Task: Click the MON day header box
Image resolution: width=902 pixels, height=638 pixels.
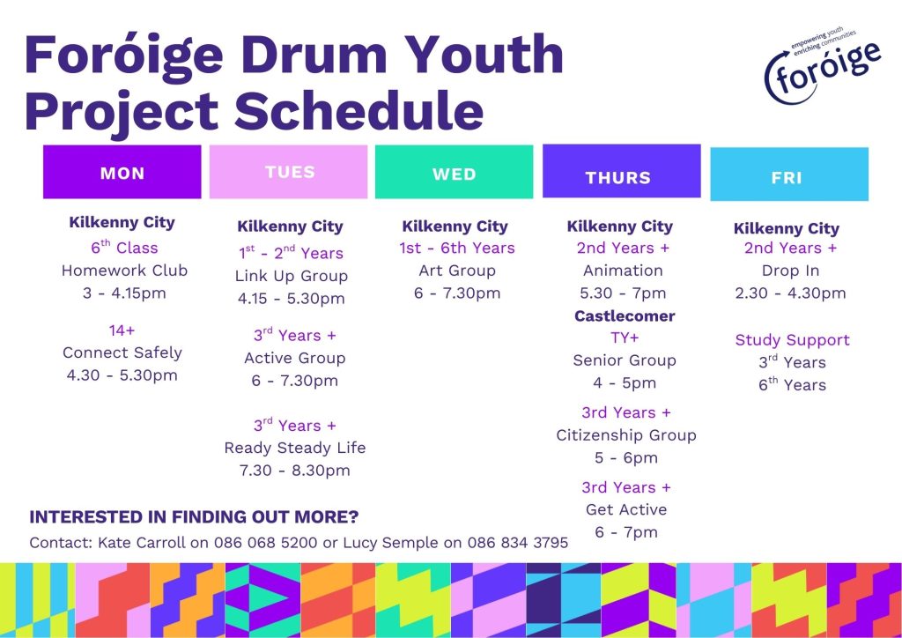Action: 122,172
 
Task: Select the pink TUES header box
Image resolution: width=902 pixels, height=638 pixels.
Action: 288,172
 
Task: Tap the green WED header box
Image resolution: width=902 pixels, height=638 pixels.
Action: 454,172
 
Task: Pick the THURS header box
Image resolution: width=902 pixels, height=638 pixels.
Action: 621,171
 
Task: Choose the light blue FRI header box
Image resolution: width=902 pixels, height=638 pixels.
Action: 789,174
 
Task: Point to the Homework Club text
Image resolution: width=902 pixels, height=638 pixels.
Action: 124,271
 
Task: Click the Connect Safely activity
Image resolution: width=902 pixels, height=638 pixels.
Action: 122,352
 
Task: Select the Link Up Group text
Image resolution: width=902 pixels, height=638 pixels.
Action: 291,276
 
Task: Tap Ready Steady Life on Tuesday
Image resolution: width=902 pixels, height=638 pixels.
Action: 294,449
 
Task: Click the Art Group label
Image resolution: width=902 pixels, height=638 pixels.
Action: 457,271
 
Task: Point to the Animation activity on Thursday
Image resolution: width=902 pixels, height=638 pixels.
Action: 623,271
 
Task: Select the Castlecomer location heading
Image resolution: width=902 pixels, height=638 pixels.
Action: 625,315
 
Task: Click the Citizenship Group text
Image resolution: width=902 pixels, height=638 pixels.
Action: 626,435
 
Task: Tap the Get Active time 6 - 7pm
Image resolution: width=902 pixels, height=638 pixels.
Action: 626,532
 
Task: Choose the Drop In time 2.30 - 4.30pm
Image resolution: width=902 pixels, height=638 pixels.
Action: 790,293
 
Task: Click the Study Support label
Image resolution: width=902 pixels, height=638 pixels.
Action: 792,340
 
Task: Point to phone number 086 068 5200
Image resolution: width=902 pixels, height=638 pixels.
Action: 265,543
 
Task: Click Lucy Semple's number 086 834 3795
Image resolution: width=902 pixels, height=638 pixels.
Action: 517,543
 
